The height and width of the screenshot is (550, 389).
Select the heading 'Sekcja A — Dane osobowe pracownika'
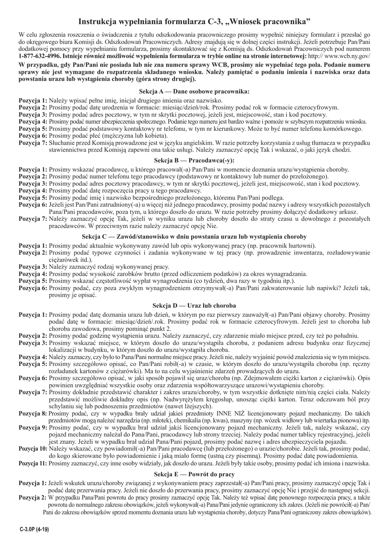point(194,92)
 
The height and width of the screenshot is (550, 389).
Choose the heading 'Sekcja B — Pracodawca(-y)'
point(194,161)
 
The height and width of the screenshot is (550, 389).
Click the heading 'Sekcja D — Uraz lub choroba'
point(194,306)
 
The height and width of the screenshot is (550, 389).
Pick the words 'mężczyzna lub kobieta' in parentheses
point(133,136)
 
